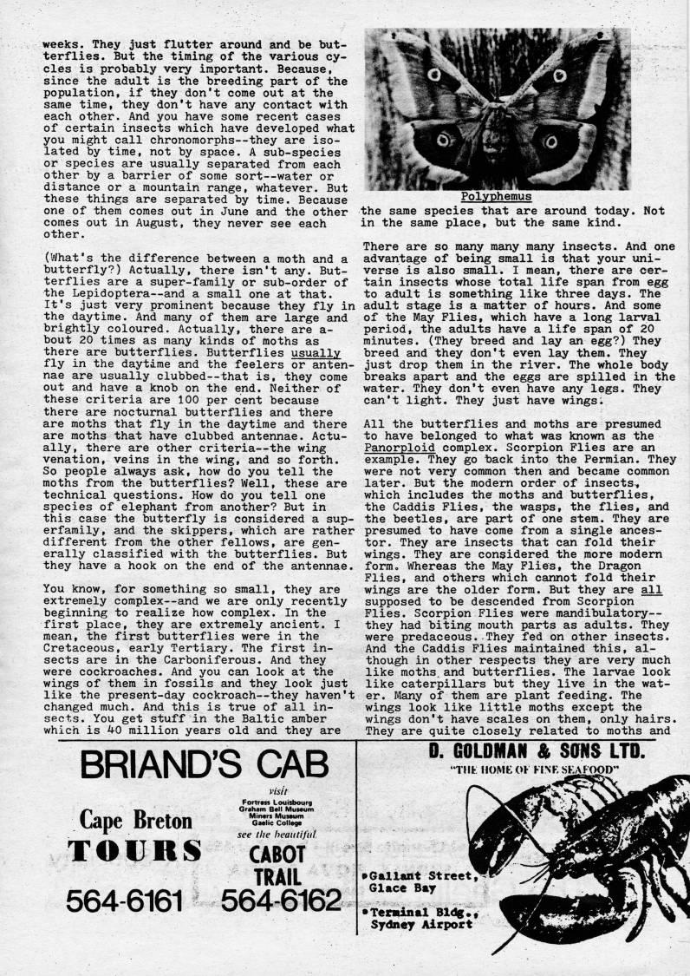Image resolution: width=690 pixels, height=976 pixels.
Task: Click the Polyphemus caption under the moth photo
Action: pos(496,196)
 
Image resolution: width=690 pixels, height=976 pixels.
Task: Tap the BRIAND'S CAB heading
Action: pos(204,765)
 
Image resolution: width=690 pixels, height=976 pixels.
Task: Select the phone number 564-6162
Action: pos(280,902)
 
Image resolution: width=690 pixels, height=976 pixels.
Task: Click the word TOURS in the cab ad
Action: pos(136,852)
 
